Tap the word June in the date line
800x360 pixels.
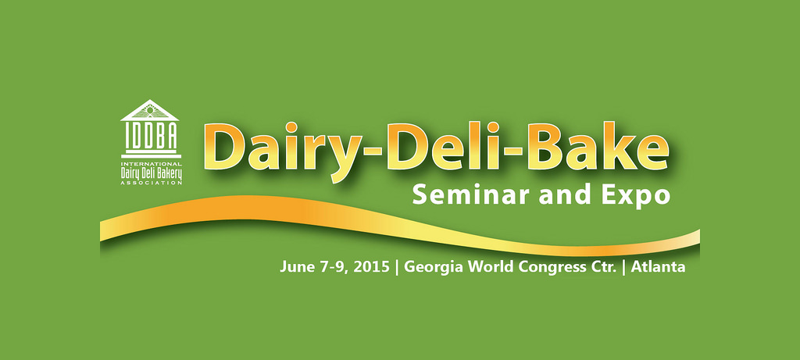click(x=295, y=266)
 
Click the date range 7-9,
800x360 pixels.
click(x=331, y=267)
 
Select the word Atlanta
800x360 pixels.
click(x=658, y=266)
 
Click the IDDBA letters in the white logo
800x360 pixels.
click(x=151, y=134)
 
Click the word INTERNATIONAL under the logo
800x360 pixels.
click(x=151, y=164)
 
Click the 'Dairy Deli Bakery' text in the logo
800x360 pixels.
click(x=151, y=173)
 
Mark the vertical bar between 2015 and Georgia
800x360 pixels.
click(x=397, y=267)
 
